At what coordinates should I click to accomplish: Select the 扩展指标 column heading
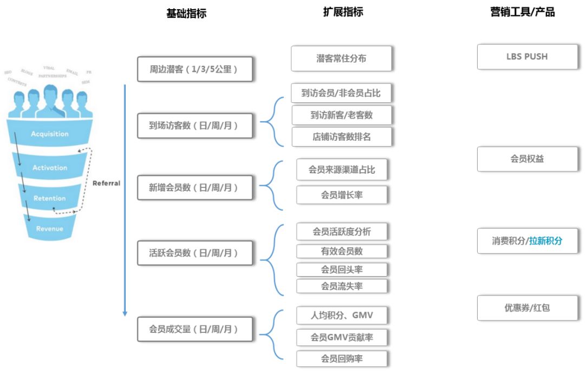pyautogui.click(x=343, y=12)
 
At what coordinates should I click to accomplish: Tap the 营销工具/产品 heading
pyautogui.click(x=522, y=12)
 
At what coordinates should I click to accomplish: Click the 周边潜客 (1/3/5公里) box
pyautogui.click(x=194, y=69)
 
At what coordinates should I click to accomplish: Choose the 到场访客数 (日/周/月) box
pyautogui.click(x=194, y=126)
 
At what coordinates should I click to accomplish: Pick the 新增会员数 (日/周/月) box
pyautogui.click(x=194, y=188)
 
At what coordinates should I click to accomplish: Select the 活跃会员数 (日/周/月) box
pyautogui.click(x=194, y=253)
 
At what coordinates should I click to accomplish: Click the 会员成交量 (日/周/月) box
pyautogui.click(x=194, y=329)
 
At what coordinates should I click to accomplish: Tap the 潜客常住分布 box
pyautogui.click(x=341, y=58)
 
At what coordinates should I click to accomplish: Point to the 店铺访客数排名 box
pyautogui.click(x=341, y=137)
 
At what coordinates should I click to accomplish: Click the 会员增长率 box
pyautogui.click(x=341, y=195)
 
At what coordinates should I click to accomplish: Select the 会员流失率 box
pyautogui.click(x=341, y=286)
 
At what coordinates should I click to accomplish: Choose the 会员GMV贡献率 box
pyautogui.click(x=341, y=337)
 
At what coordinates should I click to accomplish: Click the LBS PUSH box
pyautogui.click(x=527, y=57)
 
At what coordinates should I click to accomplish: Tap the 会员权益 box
pyautogui.click(x=527, y=159)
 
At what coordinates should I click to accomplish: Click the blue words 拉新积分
pyautogui.click(x=545, y=241)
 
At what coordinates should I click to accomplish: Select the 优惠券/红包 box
pyautogui.click(x=527, y=307)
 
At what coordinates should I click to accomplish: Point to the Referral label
pyautogui.click(x=106, y=183)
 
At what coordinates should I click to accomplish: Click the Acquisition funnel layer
pyautogui.click(x=49, y=134)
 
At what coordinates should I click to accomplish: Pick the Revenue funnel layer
pyautogui.click(x=49, y=228)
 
